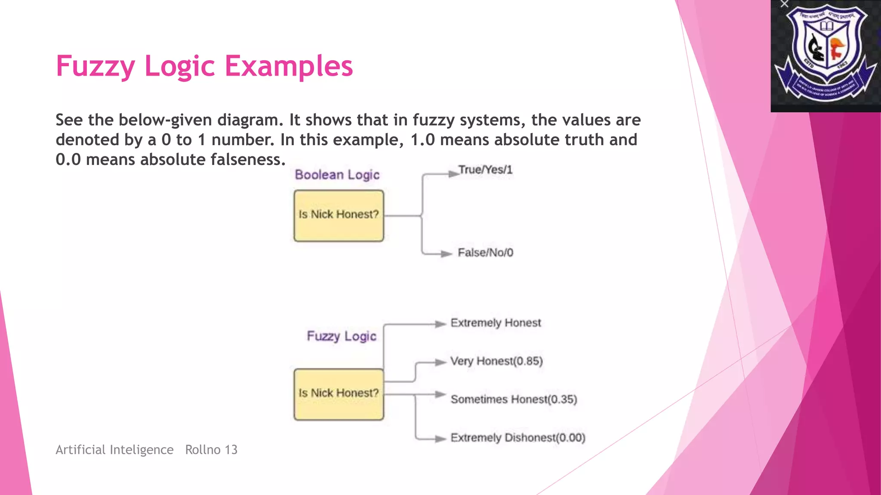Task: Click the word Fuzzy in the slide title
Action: pos(95,66)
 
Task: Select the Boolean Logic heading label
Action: pos(337,175)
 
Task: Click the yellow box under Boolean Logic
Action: pos(339,216)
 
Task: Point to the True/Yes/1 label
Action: pos(485,170)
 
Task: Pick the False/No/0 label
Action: pos(485,253)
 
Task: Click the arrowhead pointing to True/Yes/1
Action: pos(453,174)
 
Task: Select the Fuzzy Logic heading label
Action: pos(341,336)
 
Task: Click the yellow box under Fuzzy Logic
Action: pos(339,394)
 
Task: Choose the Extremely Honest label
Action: pos(496,323)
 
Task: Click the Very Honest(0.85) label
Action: pos(496,361)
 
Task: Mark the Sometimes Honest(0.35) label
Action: pos(514,399)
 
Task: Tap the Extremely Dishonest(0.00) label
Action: pos(518,437)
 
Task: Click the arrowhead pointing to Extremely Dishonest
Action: pos(440,439)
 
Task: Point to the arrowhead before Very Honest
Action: pos(440,362)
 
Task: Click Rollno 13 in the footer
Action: pos(211,450)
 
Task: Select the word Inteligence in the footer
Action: pos(142,450)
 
